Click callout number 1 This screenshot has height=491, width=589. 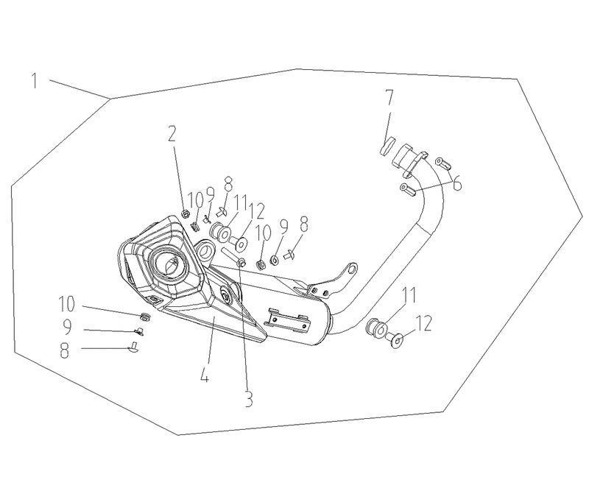(x=35, y=81)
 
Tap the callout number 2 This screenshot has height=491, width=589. (x=172, y=133)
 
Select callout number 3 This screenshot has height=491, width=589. (x=249, y=398)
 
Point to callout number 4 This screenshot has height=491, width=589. (x=205, y=374)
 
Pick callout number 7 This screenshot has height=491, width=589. (x=389, y=98)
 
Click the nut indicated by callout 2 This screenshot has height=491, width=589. (x=186, y=214)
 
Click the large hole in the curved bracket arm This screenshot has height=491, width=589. (x=352, y=269)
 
